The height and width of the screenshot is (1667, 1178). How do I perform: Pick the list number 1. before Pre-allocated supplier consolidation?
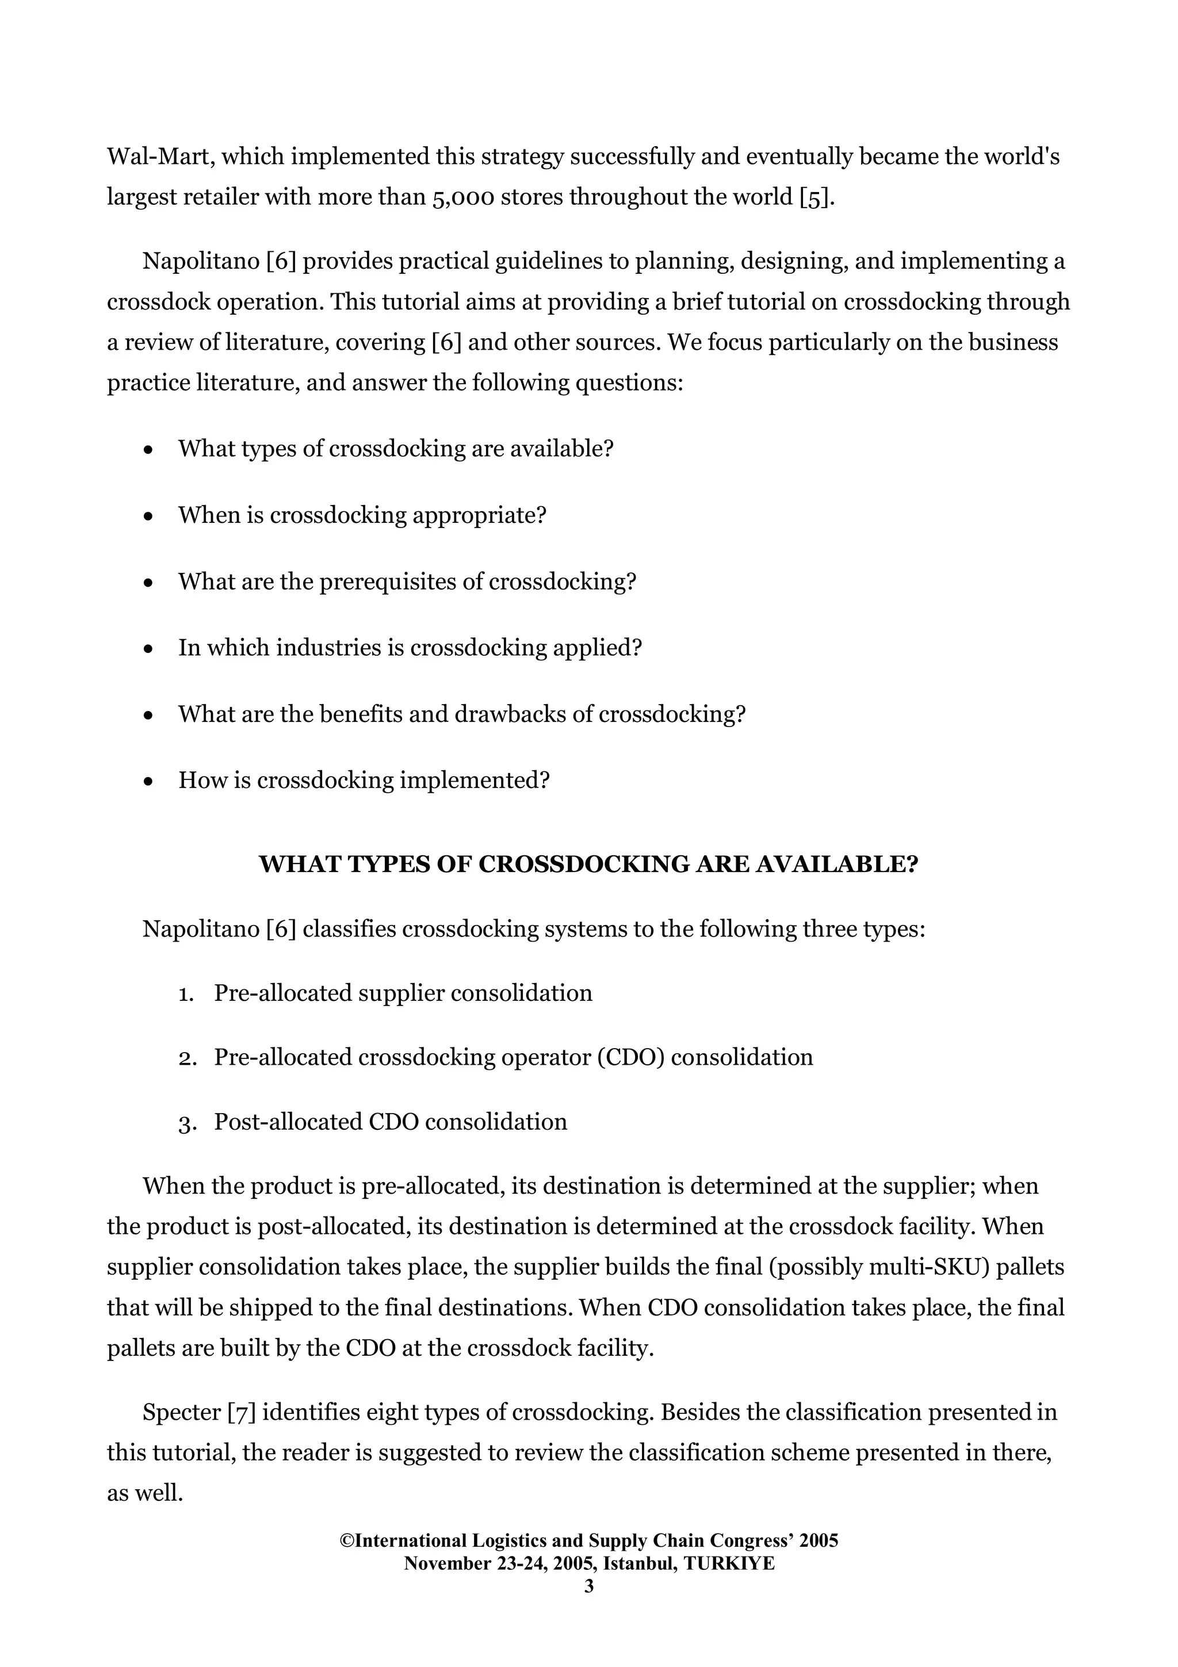point(186,994)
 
